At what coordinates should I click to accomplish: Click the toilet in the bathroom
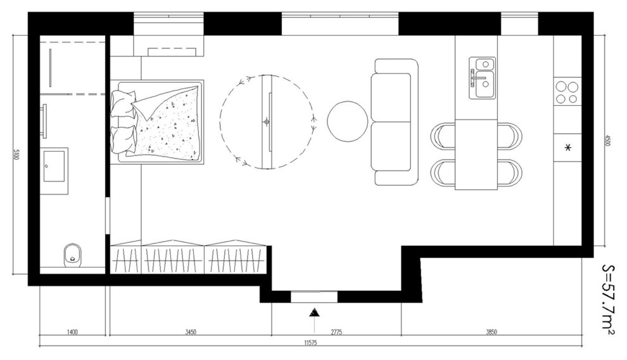(72, 255)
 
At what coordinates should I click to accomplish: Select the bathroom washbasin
(54, 166)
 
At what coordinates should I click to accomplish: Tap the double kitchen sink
(482, 77)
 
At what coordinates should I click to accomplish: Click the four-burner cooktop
(567, 92)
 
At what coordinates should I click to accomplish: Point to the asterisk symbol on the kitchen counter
(567, 148)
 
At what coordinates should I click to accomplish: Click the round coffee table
(347, 121)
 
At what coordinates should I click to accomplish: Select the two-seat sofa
(395, 122)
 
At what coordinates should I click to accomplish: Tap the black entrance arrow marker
(315, 312)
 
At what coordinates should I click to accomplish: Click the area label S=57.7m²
(608, 299)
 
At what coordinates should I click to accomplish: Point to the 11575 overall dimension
(310, 342)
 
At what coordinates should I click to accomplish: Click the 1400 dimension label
(72, 331)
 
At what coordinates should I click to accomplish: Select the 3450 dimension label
(191, 331)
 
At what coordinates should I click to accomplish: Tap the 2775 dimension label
(336, 331)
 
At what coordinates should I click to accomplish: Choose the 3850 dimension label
(491, 331)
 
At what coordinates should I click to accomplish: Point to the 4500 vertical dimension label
(607, 141)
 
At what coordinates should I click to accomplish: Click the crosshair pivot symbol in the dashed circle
(266, 122)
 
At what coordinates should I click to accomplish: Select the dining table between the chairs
(476, 154)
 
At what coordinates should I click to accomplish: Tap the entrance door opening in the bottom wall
(314, 297)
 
